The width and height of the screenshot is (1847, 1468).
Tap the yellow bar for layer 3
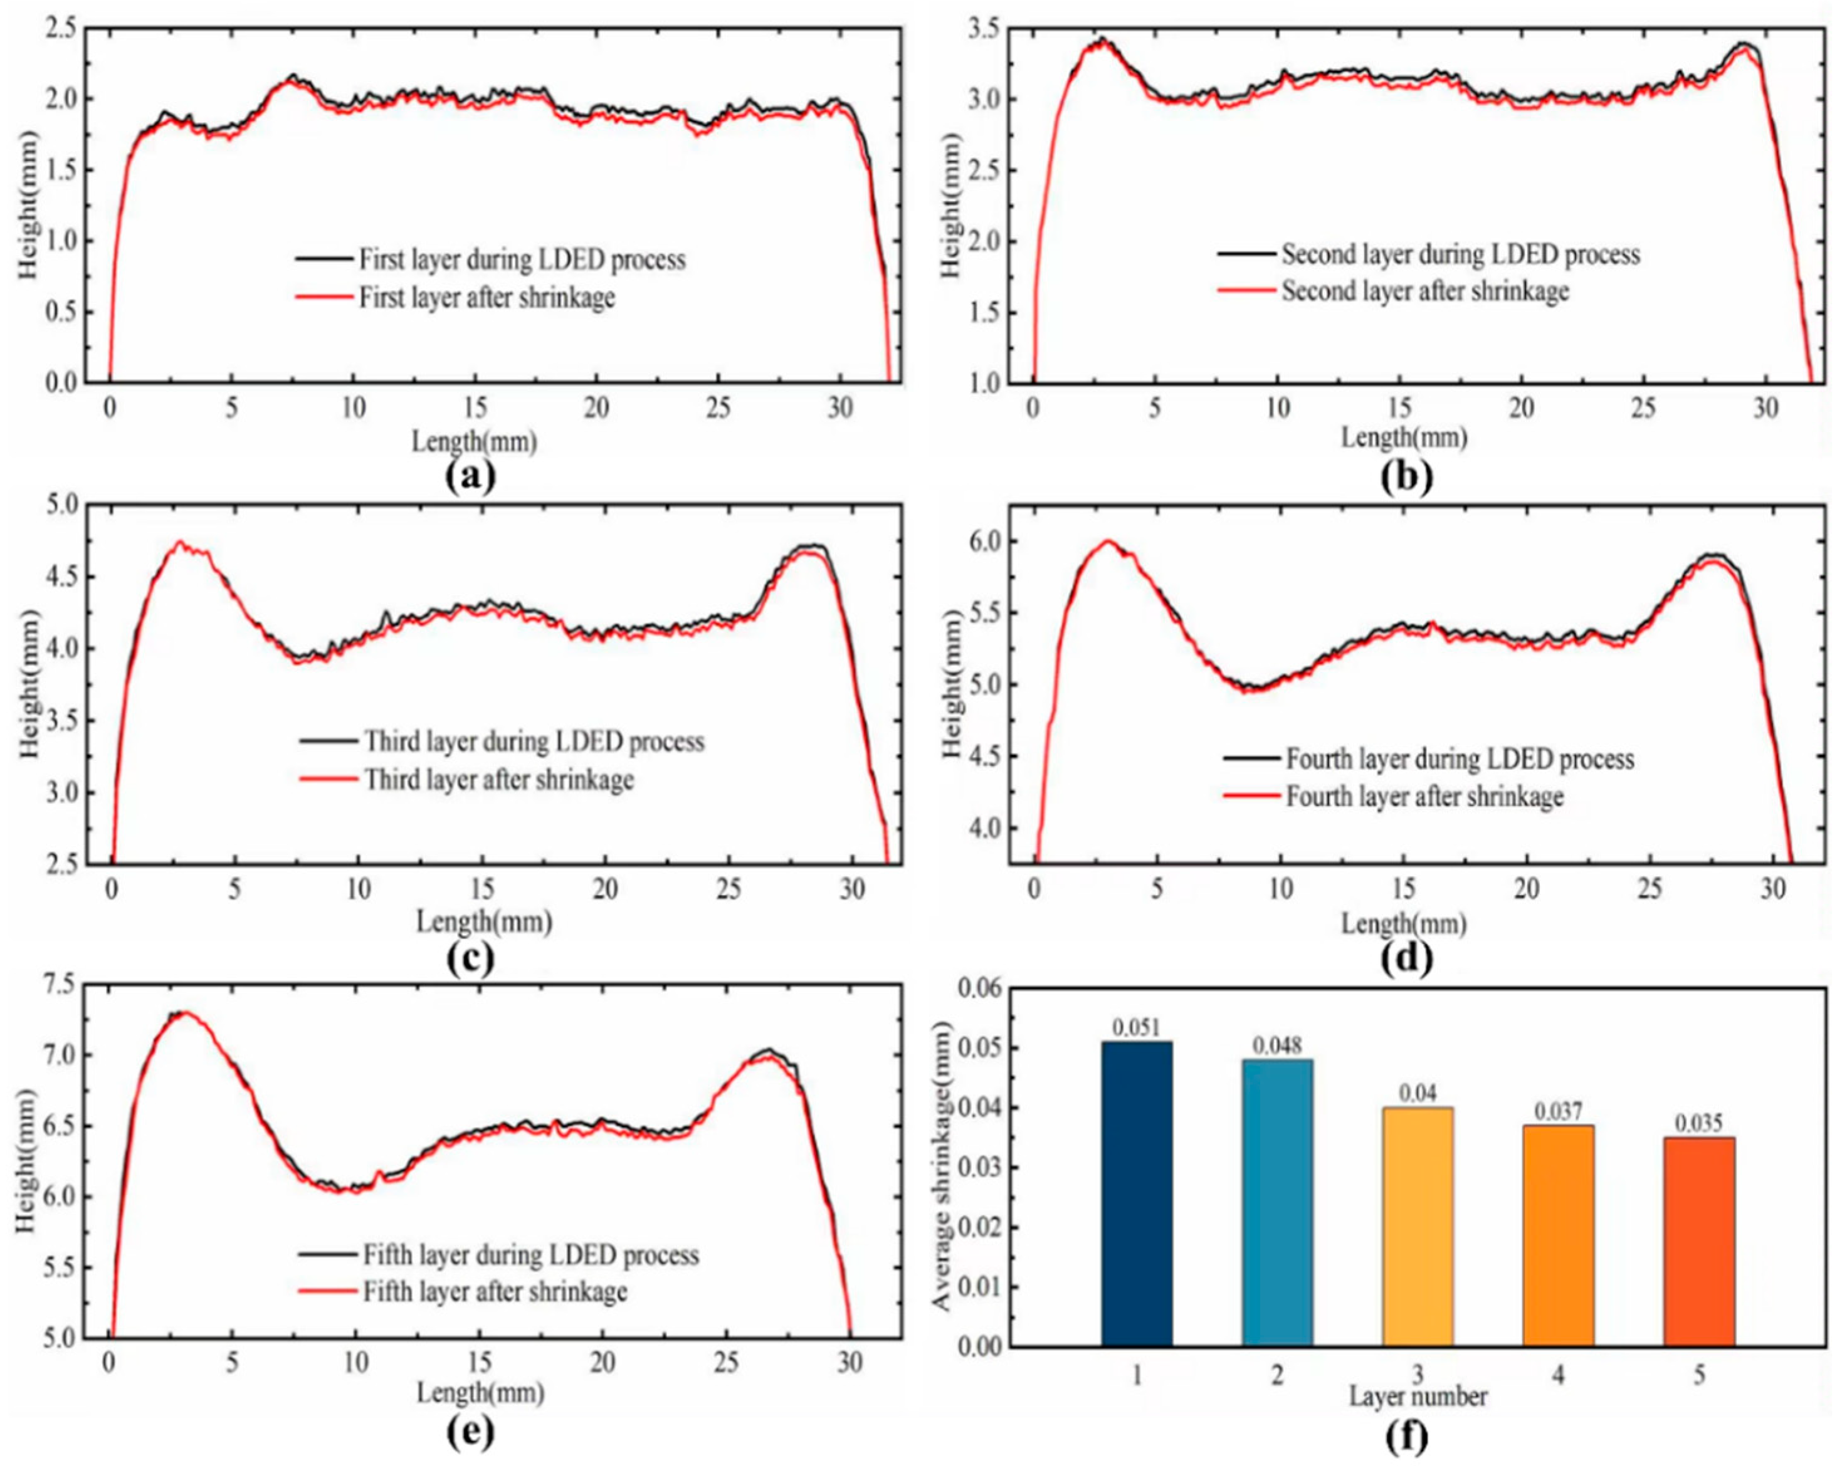point(1418,1227)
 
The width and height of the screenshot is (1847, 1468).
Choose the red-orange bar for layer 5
point(1699,1241)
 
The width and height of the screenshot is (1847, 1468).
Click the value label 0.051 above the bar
point(1137,1027)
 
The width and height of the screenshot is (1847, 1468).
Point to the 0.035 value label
point(1699,1123)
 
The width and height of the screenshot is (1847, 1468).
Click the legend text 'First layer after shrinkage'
point(486,297)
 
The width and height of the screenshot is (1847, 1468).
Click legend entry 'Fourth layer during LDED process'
point(1459,759)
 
